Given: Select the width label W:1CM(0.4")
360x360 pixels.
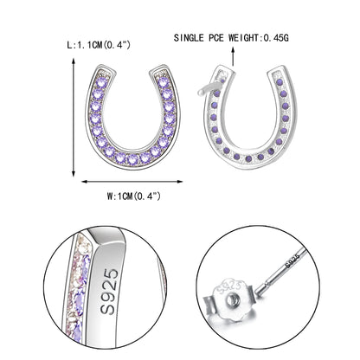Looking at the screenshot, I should pyautogui.click(x=132, y=196).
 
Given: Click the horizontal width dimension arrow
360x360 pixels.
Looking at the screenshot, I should pyautogui.click(x=132, y=181).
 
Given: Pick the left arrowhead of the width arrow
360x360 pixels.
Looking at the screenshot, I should pyautogui.click(x=84, y=181).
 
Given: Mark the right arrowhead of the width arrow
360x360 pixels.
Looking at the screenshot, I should pyautogui.click(x=181, y=181).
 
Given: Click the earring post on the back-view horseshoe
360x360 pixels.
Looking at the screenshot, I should pyautogui.click(x=210, y=87).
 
